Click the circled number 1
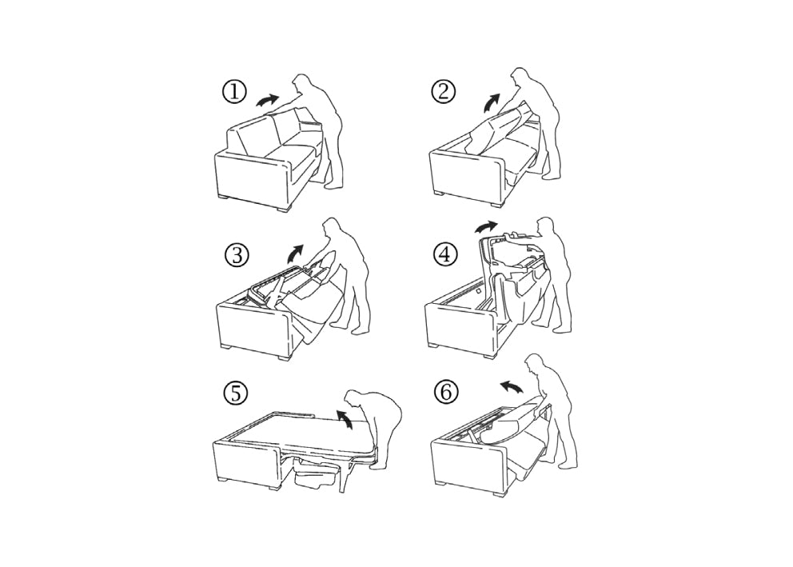pos(234,92)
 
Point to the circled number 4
pos(445,255)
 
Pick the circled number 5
pos(236,393)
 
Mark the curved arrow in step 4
pos(485,225)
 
